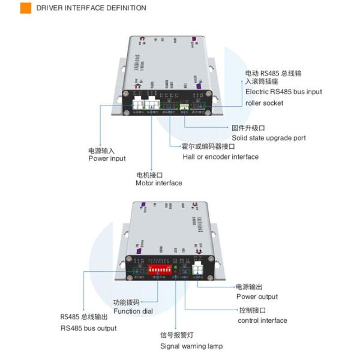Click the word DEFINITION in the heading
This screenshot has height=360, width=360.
tap(125, 8)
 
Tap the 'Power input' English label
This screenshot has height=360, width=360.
tap(107, 158)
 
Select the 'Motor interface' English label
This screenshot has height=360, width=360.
tap(159, 183)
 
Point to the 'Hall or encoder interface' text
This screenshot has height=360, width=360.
tap(220, 157)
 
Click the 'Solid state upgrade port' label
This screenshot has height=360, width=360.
tap(268, 138)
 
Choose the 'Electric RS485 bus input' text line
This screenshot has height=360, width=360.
tap(284, 92)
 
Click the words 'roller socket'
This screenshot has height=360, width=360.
tap(265, 103)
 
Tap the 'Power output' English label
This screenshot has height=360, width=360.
tap(257, 296)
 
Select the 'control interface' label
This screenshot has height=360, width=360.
tap(262, 320)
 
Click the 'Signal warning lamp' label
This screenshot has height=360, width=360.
tap(191, 346)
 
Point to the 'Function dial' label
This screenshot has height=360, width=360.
tap(133, 311)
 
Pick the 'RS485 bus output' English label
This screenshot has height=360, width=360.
tap(88, 328)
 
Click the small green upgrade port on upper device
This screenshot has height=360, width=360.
tap(184, 108)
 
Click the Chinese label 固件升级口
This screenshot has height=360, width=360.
tap(248, 128)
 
